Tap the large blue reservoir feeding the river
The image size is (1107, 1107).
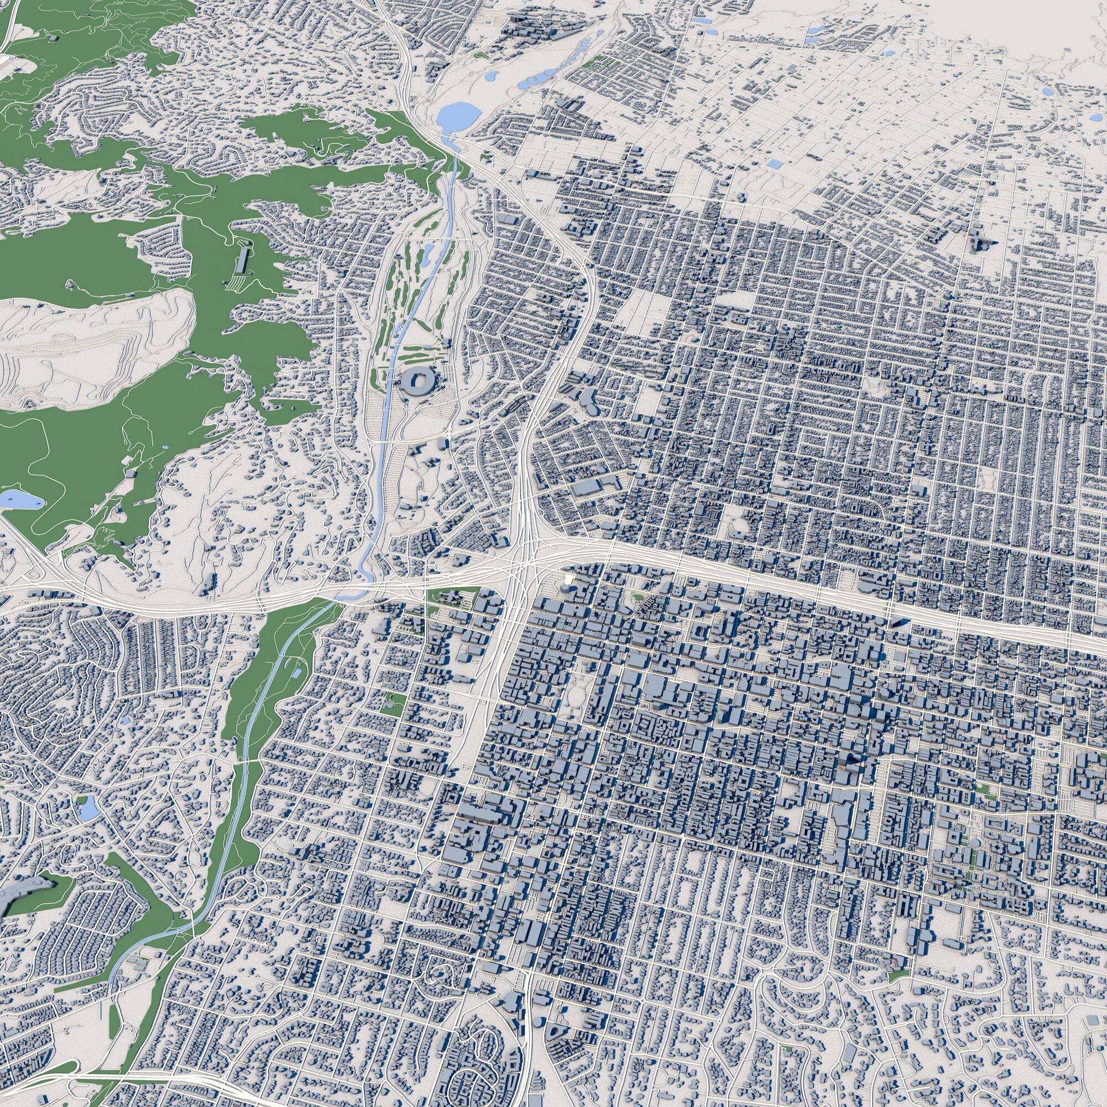click(457, 116)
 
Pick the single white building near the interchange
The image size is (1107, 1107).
click(569, 581)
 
